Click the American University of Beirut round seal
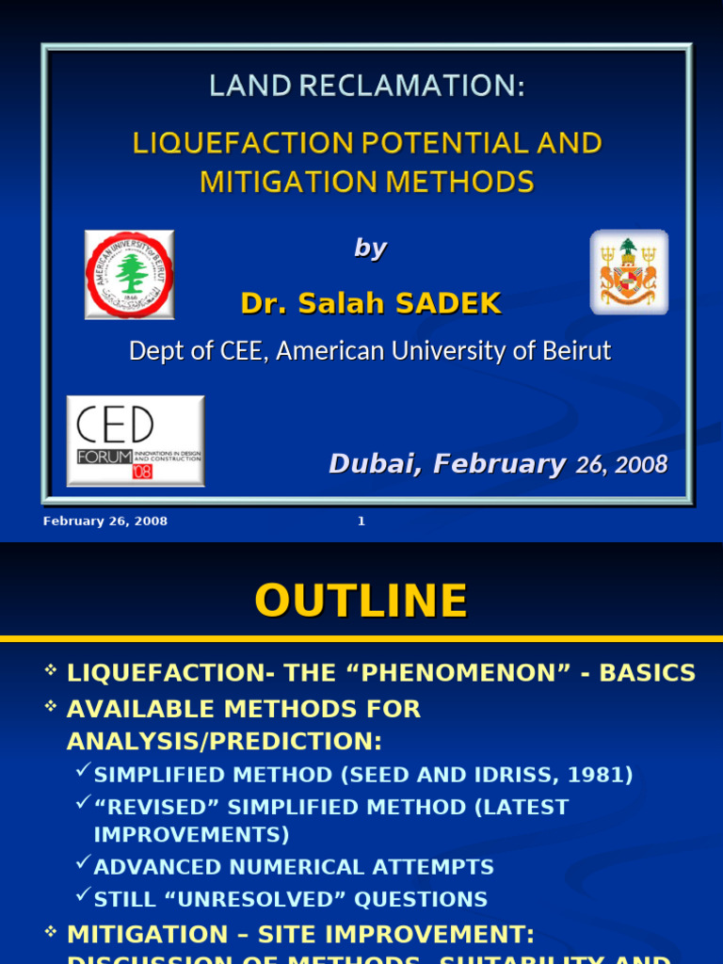129,274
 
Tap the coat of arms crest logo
629,272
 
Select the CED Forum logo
135,441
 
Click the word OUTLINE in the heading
361,602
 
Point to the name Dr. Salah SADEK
371,304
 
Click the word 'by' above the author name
370,248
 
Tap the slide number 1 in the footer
361,522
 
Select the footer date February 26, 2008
105,522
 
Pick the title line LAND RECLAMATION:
366,88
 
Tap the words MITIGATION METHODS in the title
366,181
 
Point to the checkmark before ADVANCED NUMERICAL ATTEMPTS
83,866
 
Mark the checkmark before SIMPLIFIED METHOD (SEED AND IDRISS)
83,774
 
